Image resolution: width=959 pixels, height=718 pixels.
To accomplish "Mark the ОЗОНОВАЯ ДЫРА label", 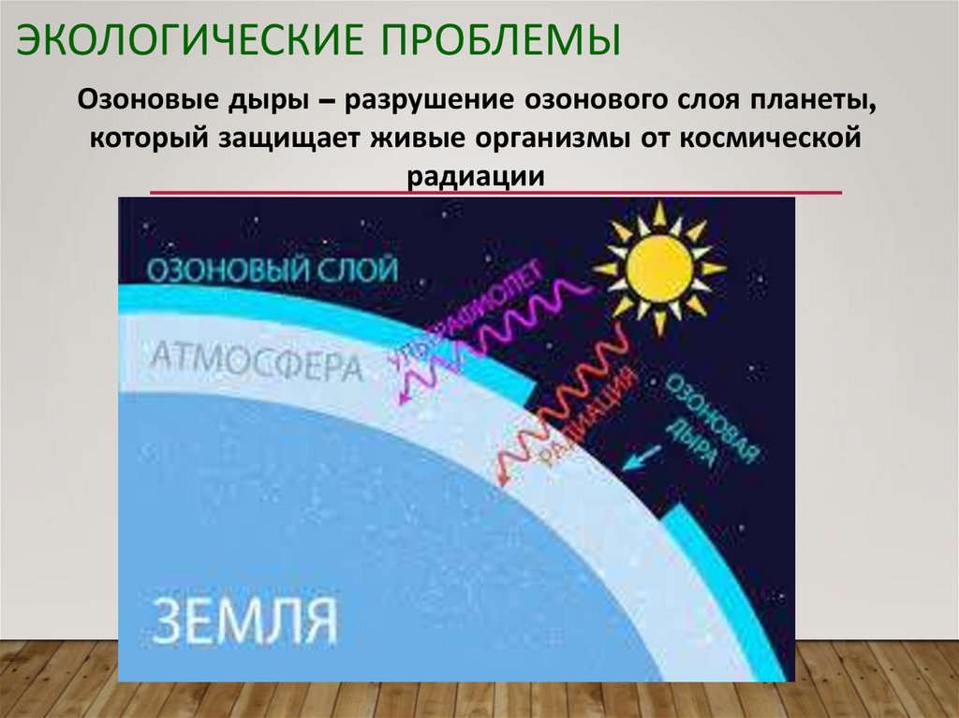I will tap(712, 421).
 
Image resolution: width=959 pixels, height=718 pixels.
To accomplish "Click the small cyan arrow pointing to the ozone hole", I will tap(641, 458).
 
